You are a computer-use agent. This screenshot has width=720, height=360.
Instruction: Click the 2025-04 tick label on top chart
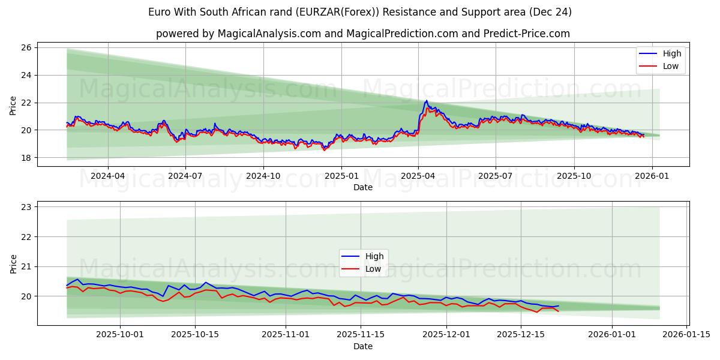418,176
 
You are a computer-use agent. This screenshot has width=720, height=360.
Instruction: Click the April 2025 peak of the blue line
426,101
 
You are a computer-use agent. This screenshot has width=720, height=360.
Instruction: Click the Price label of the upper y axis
13,105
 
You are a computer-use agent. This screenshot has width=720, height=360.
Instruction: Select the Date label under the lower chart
363,346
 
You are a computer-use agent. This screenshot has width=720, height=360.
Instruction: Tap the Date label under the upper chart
363,187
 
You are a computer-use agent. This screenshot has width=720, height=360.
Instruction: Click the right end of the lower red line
558,311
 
